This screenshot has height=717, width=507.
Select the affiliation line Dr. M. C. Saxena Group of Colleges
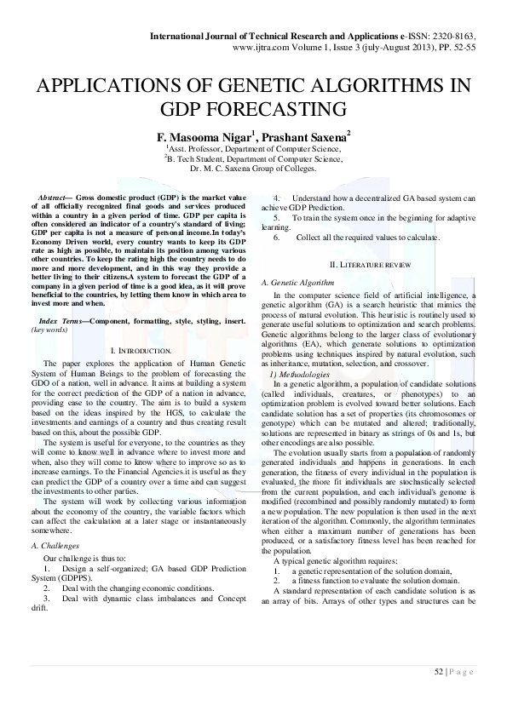tap(253, 168)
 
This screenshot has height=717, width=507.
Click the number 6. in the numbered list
tap(277, 238)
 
